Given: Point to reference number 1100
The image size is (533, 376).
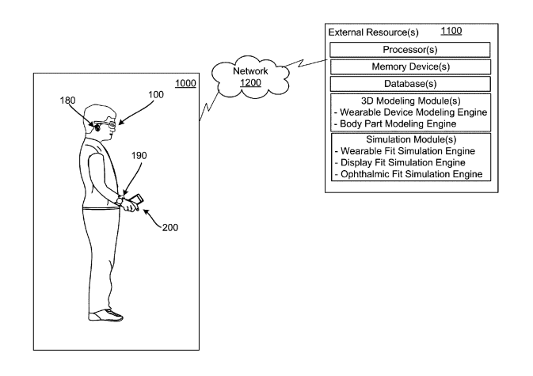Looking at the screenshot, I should [x=451, y=32].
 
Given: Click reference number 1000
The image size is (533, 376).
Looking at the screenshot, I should [x=185, y=82].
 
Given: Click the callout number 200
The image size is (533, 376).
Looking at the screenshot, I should [x=170, y=226].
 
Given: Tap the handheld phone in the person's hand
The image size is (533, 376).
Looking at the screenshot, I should [x=133, y=203].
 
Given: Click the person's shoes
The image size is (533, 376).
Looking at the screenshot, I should [x=107, y=316].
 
